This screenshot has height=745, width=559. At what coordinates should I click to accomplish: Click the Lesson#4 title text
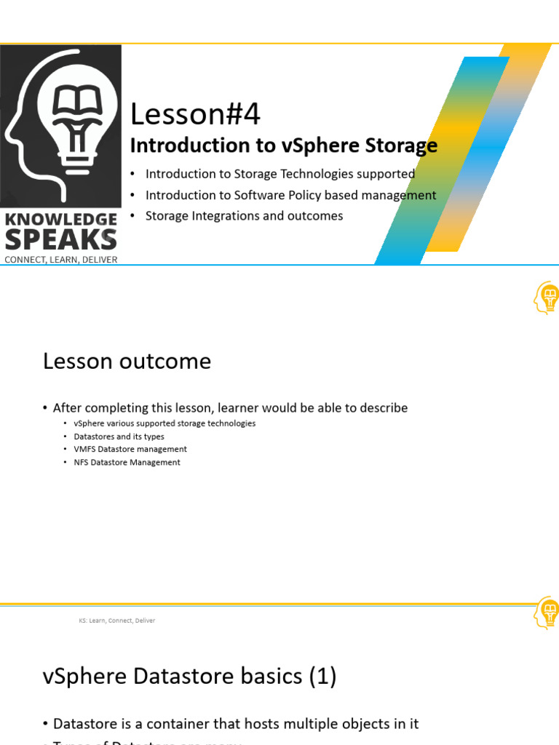click(x=194, y=115)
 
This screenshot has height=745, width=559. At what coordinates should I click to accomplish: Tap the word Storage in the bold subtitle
click(x=398, y=146)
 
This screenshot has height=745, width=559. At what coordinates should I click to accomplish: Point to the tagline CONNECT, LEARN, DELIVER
click(x=61, y=259)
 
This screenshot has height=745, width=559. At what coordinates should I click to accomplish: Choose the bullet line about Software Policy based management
click(x=290, y=195)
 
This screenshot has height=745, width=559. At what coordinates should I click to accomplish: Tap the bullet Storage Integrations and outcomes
click(x=244, y=215)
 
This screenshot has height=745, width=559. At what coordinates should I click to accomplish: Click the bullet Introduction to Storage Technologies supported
click(x=279, y=174)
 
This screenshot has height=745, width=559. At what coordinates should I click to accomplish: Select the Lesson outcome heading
click(x=127, y=361)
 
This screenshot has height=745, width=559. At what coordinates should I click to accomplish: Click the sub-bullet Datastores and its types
click(x=119, y=437)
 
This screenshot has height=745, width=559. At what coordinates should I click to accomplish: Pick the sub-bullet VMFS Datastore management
click(x=130, y=449)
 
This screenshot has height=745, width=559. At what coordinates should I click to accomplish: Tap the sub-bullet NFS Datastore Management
click(x=127, y=462)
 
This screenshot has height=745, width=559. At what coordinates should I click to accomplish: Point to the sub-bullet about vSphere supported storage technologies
click(x=164, y=423)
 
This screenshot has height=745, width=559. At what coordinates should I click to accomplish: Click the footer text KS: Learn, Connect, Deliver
click(x=116, y=621)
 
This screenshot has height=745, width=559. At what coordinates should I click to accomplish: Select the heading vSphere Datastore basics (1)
click(x=189, y=677)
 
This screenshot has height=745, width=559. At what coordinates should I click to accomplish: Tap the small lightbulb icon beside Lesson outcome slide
click(x=547, y=298)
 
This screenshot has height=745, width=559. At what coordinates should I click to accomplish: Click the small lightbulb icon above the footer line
click(x=547, y=612)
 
